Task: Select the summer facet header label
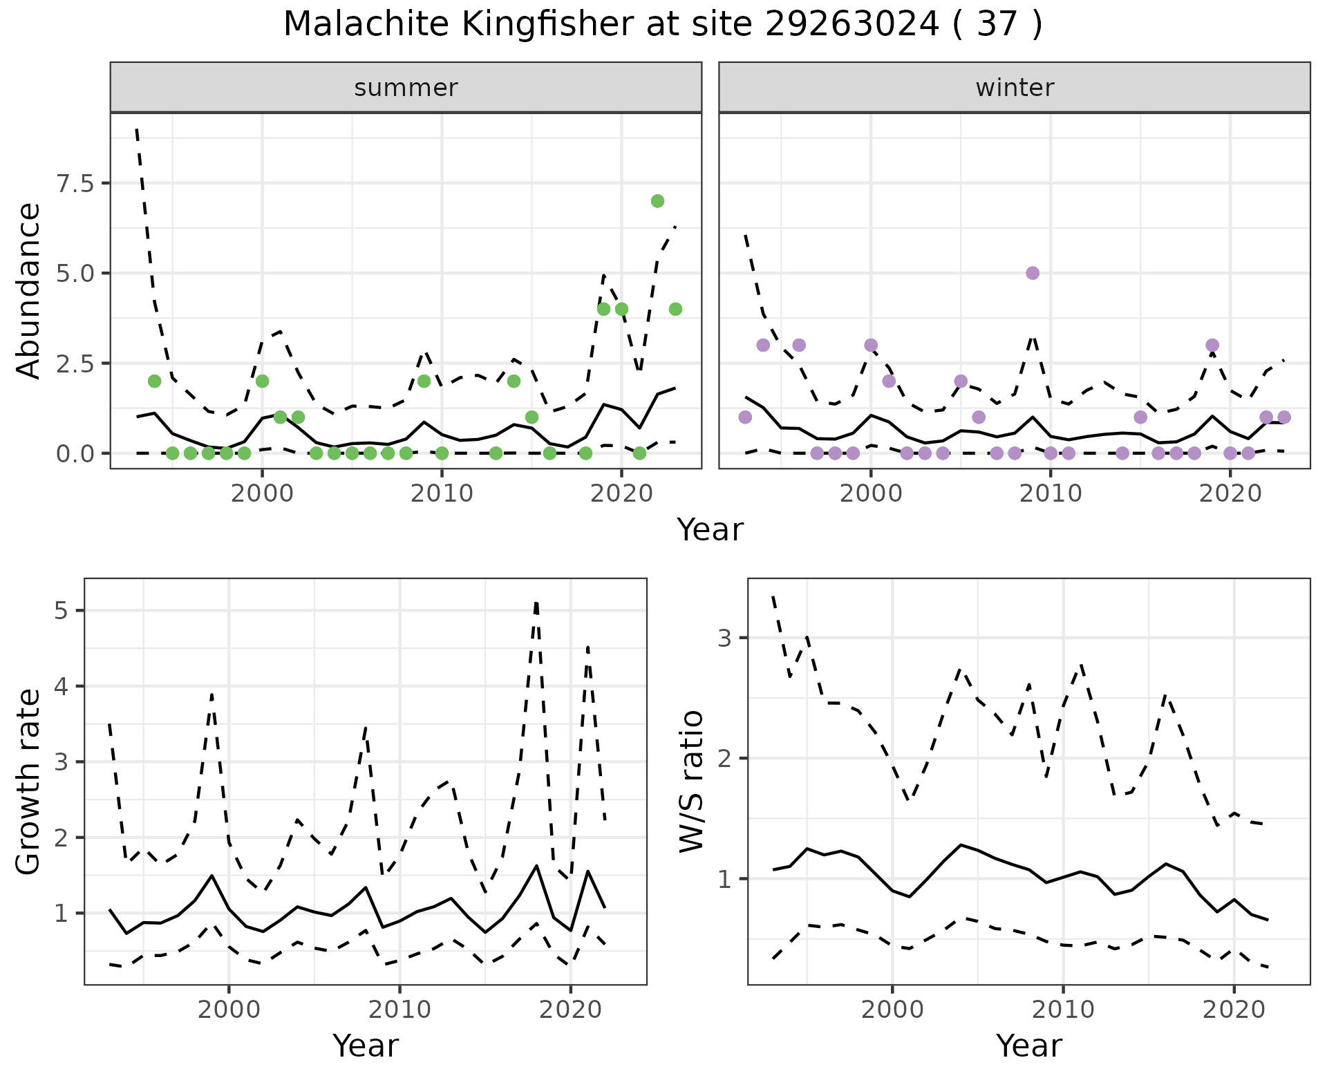point(406,88)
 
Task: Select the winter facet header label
point(1015,88)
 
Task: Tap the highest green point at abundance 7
point(657,201)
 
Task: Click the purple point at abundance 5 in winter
point(1033,273)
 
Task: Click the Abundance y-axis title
point(29,290)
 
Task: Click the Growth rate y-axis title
point(29,782)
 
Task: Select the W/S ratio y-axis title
point(691,782)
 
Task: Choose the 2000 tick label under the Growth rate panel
point(229,1010)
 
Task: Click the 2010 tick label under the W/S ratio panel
point(1063,1010)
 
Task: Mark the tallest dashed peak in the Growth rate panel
point(536,603)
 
